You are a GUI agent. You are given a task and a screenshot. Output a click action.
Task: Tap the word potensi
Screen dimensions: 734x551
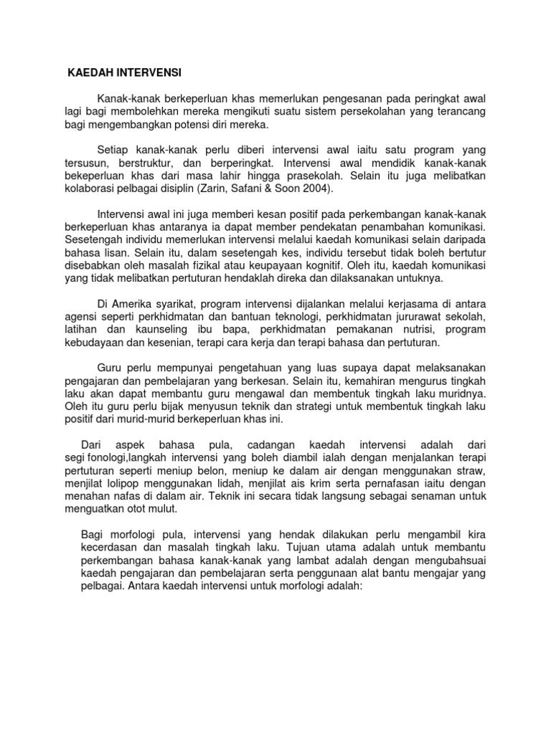(180, 124)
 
